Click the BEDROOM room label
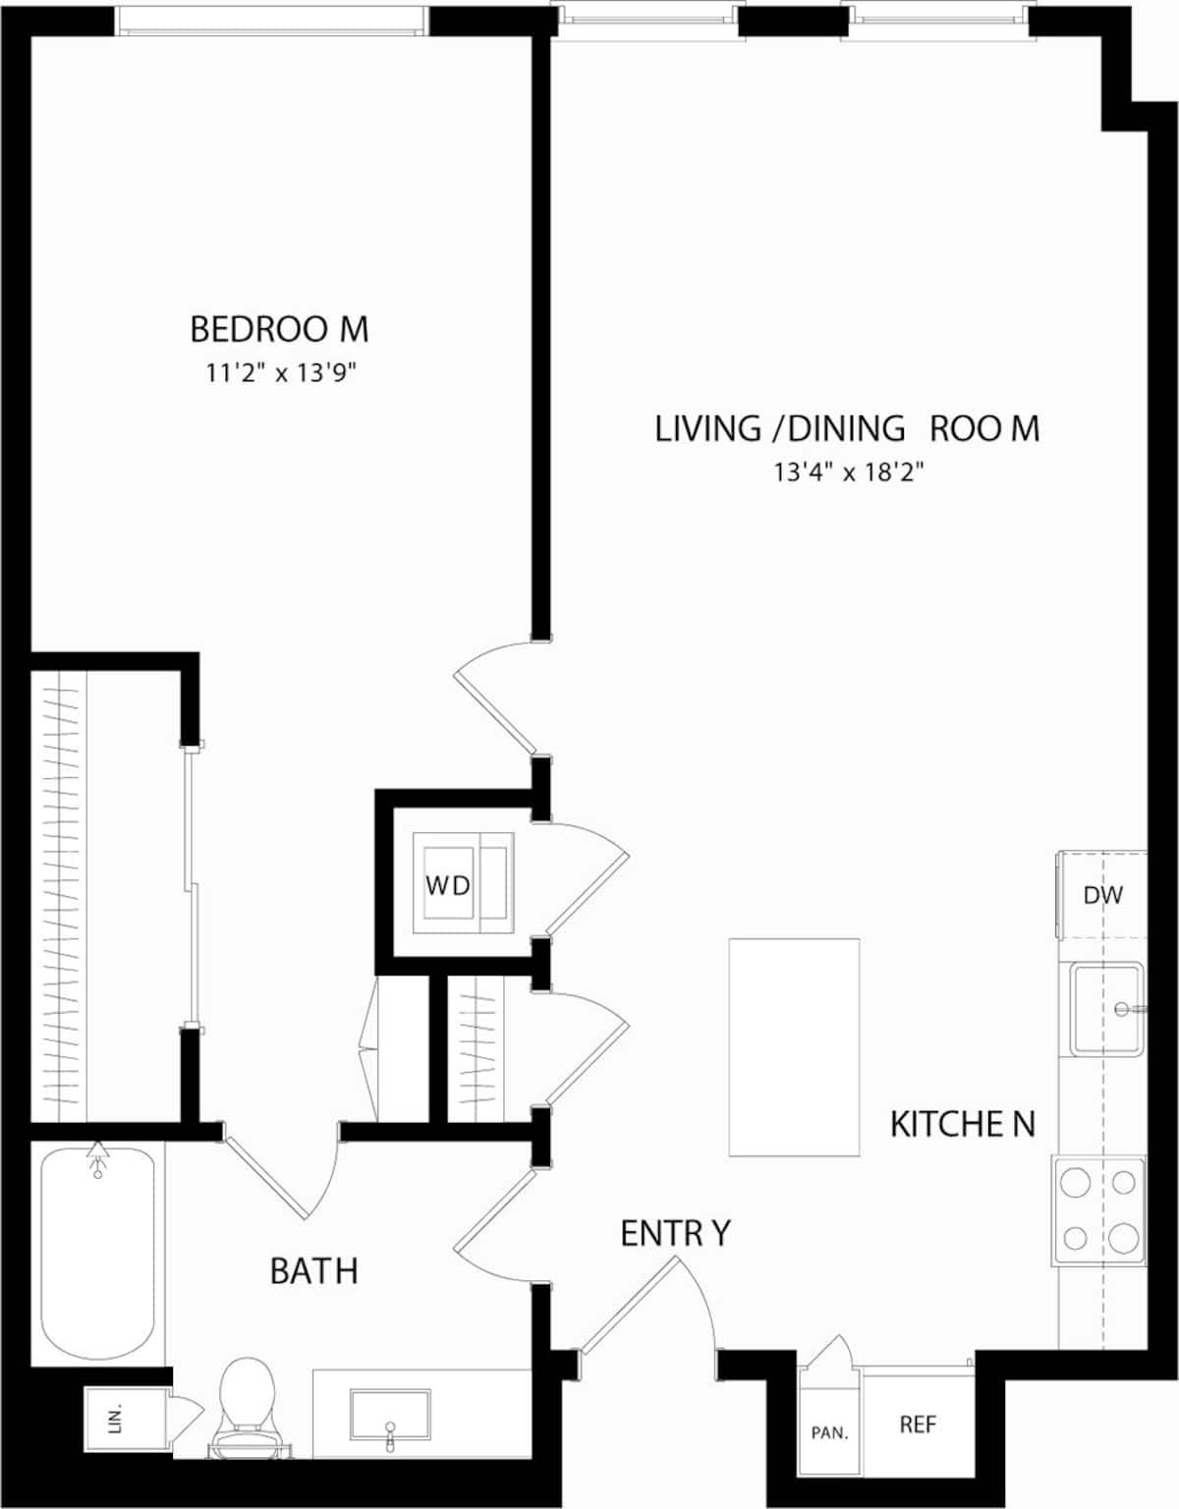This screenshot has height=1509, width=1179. (279, 329)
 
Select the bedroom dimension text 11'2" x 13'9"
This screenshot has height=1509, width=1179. (279, 373)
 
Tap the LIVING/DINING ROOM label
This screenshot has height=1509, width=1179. (847, 429)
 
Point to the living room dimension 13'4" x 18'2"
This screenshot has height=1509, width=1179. (847, 473)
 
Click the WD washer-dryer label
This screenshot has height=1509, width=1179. (447, 885)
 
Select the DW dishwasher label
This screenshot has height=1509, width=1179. (1102, 895)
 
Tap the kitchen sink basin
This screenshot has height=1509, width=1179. (1106, 1009)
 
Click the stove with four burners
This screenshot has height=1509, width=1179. (1099, 1209)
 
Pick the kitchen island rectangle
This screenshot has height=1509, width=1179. (794, 1047)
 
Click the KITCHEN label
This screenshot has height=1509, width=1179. (962, 1124)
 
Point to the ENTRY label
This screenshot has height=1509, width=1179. (675, 1234)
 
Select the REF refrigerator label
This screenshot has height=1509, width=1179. (918, 1424)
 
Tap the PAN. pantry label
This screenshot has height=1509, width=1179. (829, 1433)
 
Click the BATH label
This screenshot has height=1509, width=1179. (313, 1271)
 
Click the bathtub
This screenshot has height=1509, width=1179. (97, 1257)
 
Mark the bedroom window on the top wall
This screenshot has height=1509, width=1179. (272, 21)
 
